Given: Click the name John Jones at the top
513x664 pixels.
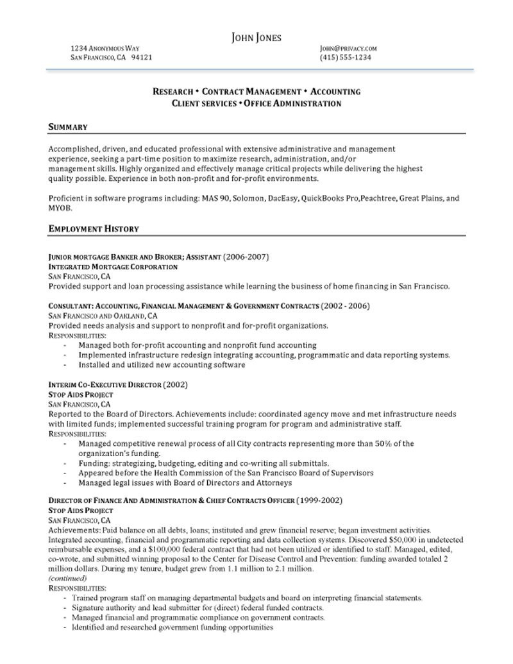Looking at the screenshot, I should click(256, 37).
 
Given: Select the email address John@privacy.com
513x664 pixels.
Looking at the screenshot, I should click(348, 48).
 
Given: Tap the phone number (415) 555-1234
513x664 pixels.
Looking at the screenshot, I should click(345, 58).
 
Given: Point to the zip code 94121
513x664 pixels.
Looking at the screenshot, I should click(142, 58).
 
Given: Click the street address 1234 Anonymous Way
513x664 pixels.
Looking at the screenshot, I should click(105, 48).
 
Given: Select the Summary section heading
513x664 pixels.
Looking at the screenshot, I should click(67, 127).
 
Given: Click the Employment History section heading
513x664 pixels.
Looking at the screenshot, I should click(94, 229).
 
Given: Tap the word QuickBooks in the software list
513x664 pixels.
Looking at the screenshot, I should click(320, 199).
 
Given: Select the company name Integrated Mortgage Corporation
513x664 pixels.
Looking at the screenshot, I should click(113, 267).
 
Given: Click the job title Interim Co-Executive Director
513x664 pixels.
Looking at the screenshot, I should click(105, 385).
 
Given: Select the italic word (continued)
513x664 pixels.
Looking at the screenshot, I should click(67, 578).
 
